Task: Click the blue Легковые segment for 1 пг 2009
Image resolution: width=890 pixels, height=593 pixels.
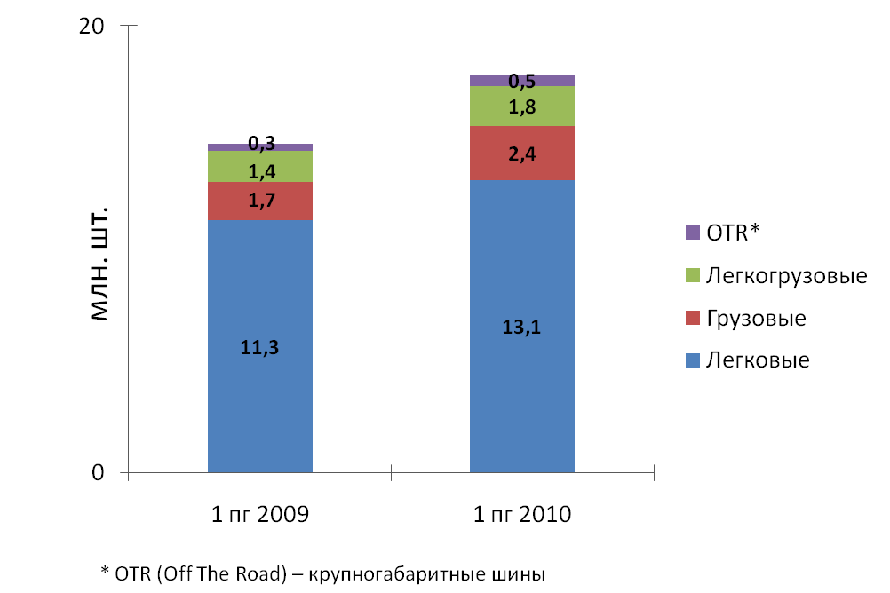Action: click(259, 399)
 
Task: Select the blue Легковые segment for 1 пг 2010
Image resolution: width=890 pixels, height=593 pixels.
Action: click(521, 391)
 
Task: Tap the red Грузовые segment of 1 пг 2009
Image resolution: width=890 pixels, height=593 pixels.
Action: click(259, 201)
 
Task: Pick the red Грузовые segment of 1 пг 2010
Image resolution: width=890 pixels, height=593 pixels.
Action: click(521, 154)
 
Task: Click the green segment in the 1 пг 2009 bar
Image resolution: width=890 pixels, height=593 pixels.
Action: click(259, 166)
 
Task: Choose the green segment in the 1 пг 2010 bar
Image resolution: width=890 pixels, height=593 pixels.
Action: click(521, 107)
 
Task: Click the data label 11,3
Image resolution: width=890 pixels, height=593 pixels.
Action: click(259, 347)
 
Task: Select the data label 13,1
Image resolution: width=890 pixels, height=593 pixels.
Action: click(521, 326)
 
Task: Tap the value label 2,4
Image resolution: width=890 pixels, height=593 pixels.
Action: click(521, 154)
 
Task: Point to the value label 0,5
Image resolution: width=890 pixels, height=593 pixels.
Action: click(521, 82)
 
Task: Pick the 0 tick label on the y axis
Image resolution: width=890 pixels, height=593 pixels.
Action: click(99, 473)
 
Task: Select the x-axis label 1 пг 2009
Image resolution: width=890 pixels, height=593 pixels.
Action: click(259, 514)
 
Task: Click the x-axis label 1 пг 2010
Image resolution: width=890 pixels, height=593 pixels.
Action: click(521, 514)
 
